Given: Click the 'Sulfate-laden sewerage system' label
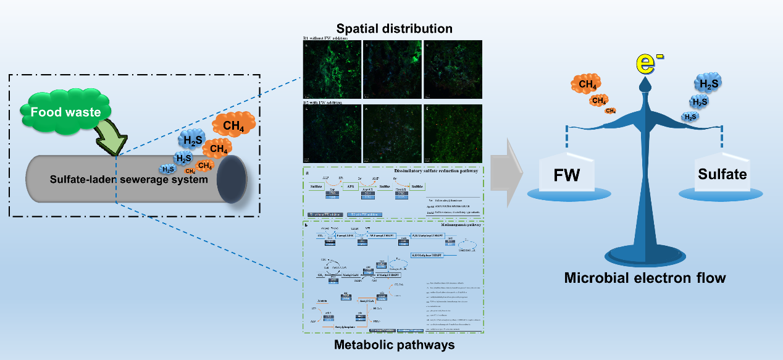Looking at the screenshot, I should [x=129, y=180].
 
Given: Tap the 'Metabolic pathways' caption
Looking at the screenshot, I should [x=394, y=345].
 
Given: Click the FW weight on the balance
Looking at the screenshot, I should [x=566, y=174].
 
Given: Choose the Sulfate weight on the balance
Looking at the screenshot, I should [x=722, y=174].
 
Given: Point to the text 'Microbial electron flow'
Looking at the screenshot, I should [x=645, y=278].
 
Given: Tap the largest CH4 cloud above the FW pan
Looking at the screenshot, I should [x=587, y=85].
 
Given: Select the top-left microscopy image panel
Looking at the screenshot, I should [x=331, y=70].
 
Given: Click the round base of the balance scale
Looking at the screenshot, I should [x=644, y=254].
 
